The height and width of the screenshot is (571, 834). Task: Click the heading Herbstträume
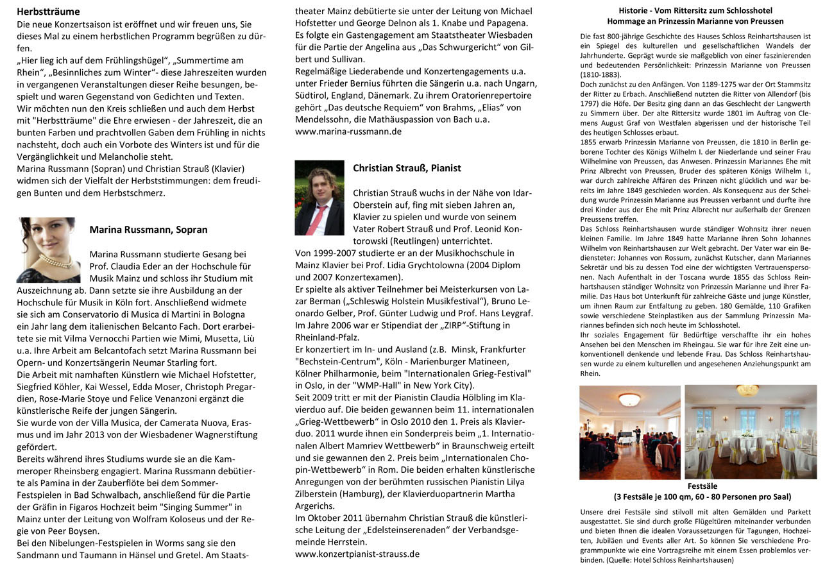pos(48,12)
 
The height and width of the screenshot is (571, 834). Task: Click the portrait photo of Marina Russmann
pos(49,250)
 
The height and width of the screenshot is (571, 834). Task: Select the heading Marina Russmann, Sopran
pos(148,230)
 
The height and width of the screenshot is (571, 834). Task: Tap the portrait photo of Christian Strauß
pos(319,198)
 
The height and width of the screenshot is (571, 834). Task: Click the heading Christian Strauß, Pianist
pos(407,168)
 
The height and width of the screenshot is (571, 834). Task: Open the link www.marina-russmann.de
pos(348,131)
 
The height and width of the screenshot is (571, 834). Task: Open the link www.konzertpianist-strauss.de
pos(357,553)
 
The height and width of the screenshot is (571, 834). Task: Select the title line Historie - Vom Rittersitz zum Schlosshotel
pos(695,11)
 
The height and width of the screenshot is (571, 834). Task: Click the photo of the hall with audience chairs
pos(629,432)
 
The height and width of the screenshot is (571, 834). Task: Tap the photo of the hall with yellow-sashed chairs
pos(751,432)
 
